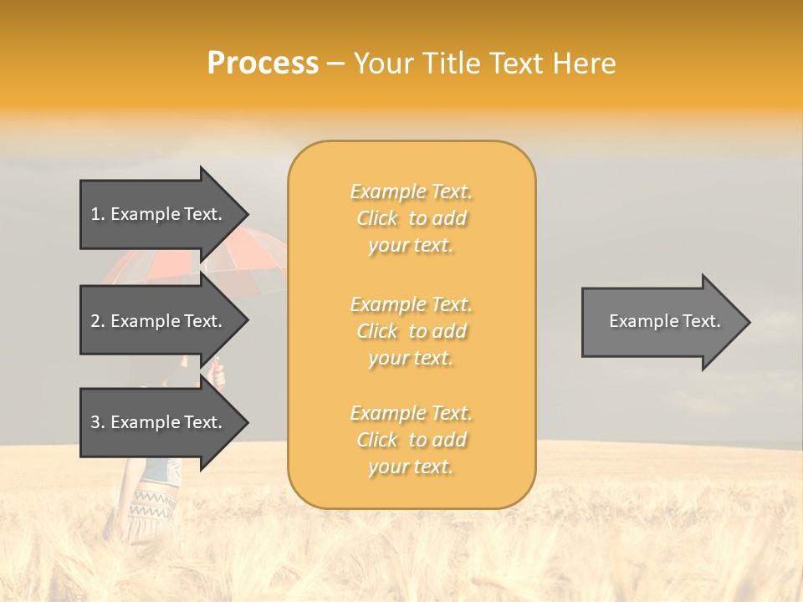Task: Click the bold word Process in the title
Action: point(263,64)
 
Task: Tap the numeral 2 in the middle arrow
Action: point(96,321)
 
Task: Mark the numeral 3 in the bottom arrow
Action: point(96,422)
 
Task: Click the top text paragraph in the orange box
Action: point(412,218)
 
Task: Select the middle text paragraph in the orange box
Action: point(412,331)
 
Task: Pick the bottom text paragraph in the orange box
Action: point(412,440)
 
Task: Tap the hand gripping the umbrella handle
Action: point(217,375)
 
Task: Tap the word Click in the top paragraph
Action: point(377,218)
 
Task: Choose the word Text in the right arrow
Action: point(701,321)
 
